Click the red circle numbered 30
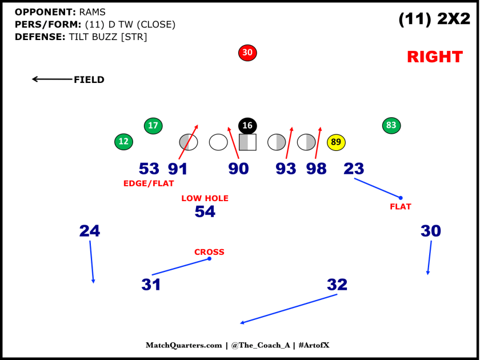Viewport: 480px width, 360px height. [x=247, y=53]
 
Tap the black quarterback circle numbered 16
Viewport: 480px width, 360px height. [x=247, y=126]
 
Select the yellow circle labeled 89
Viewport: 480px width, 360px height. [x=336, y=142]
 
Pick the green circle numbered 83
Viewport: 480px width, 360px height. [x=391, y=125]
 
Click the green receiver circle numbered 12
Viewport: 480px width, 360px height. [x=123, y=142]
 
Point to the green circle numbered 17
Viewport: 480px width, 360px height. [x=153, y=126]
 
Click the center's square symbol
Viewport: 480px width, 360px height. [x=247, y=142]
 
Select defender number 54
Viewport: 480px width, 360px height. [x=205, y=212]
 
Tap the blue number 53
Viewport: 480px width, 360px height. [x=149, y=169]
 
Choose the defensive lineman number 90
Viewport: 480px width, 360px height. [x=238, y=169]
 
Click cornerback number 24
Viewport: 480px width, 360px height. [x=90, y=231]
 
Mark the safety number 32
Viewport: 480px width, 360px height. [x=337, y=285]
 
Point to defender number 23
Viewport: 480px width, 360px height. [x=354, y=169]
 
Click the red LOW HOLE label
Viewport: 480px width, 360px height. [x=205, y=198]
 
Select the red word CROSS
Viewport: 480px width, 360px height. [x=209, y=252]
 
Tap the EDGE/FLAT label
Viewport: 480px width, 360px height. [x=149, y=183]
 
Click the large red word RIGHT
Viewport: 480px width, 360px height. [x=434, y=57]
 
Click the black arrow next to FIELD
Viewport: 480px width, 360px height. [x=51, y=79]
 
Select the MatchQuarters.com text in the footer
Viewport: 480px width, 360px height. [x=183, y=345]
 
